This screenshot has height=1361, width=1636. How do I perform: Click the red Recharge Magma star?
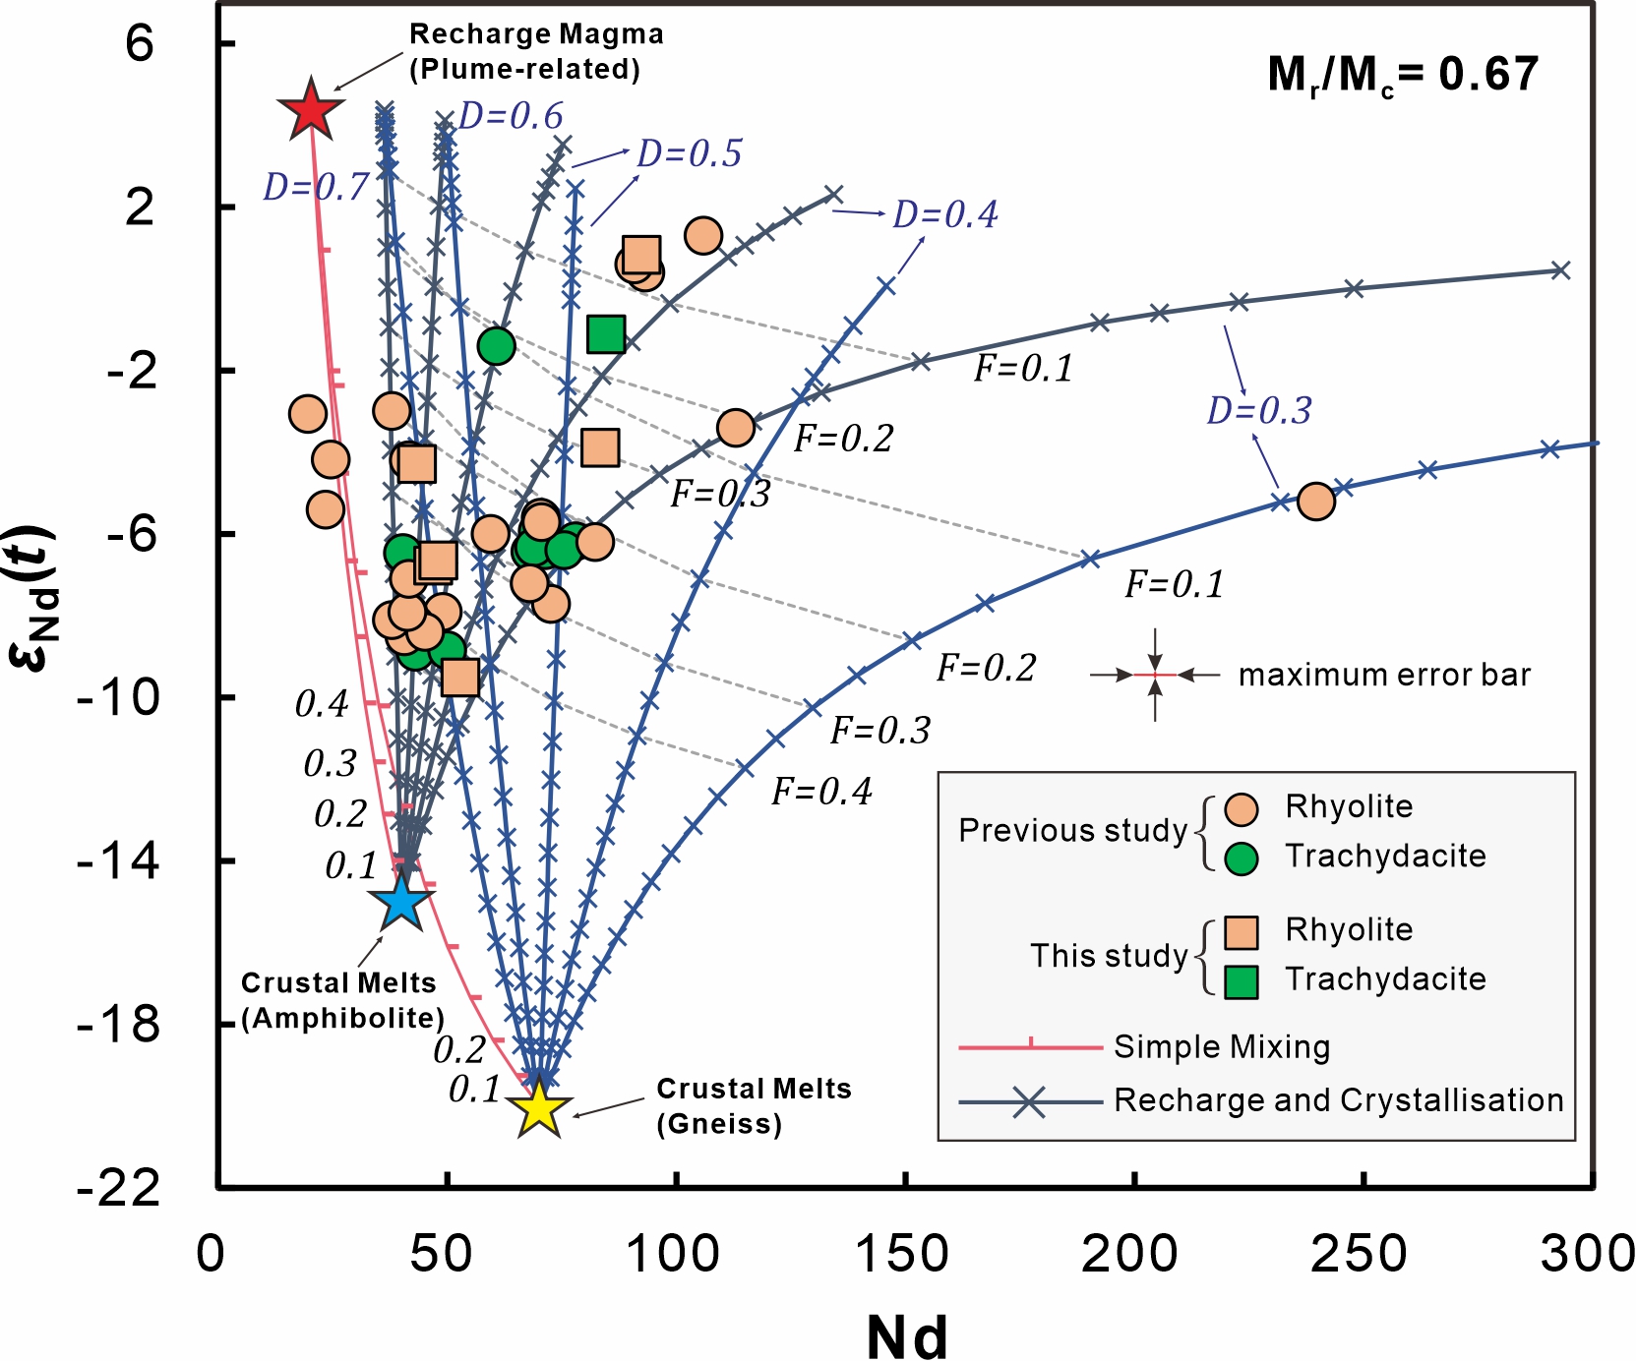click(311, 110)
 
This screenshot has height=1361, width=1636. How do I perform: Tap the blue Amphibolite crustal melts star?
click(400, 902)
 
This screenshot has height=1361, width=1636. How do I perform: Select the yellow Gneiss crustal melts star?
click(539, 1109)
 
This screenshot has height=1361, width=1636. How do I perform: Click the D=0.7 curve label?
click(316, 186)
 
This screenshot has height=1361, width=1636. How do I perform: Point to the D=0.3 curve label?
click(1259, 410)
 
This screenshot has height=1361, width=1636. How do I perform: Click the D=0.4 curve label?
click(945, 213)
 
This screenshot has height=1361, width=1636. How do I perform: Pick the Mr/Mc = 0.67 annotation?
click(1403, 75)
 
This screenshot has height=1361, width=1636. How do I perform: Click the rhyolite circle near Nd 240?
click(1316, 502)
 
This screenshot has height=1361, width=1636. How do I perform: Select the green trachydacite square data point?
click(606, 334)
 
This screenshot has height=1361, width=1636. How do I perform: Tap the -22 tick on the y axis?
click(119, 1188)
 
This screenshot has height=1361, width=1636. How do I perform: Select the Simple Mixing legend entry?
click(1221, 1047)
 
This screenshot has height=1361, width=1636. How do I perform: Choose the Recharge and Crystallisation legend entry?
click(1338, 1100)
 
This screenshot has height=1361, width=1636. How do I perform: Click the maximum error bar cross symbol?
click(1155, 675)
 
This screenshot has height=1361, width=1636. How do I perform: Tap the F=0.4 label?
click(821, 792)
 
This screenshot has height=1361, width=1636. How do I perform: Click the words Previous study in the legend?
click(1072, 831)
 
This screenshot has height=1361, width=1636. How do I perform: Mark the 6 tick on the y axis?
click(140, 43)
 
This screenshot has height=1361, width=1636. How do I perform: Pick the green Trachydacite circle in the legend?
click(1242, 858)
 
